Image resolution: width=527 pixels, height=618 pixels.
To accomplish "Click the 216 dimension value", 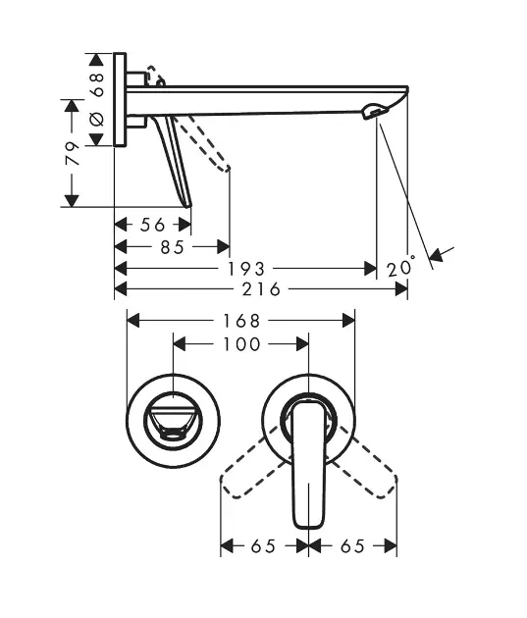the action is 261,289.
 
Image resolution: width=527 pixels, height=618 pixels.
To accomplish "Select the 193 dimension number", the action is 246,269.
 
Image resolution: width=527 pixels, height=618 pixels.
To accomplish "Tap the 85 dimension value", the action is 173,247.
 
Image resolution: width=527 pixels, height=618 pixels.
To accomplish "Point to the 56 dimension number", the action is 152,225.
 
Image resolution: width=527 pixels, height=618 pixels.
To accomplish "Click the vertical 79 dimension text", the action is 73,153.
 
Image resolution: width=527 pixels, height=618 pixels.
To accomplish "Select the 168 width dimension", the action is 241,321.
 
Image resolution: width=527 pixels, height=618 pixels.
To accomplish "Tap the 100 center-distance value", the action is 241,344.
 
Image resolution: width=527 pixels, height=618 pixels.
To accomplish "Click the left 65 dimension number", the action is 263,546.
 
